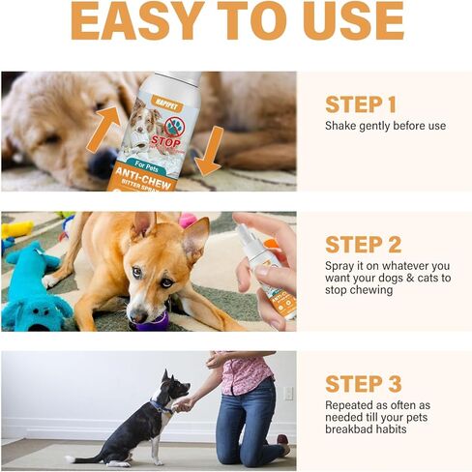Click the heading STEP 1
361,104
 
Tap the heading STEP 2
361,243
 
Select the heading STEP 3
362,383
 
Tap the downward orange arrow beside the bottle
208,150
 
